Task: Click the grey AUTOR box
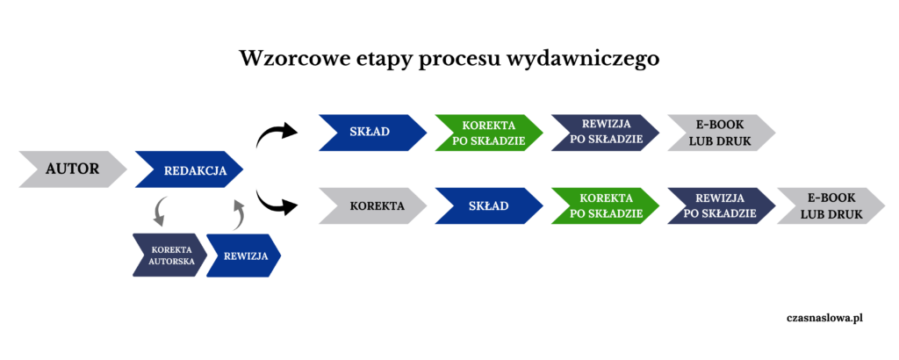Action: (x=72, y=169)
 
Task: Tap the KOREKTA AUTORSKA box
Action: (x=169, y=256)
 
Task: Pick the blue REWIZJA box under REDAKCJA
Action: (x=243, y=256)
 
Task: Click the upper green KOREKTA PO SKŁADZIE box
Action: (x=488, y=133)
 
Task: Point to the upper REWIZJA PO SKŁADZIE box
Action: (x=604, y=133)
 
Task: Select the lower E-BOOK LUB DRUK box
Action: (x=830, y=206)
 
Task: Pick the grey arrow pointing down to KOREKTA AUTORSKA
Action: (x=161, y=211)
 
